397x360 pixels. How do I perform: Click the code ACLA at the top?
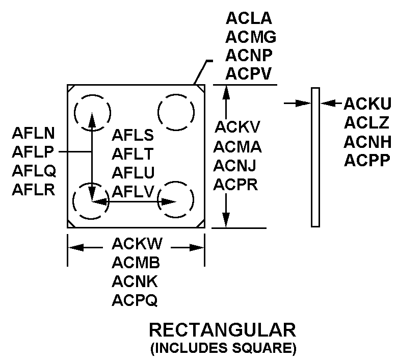tap(249, 19)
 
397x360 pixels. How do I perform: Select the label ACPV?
tap(249, 74)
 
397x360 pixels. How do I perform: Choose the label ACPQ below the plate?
tap(135, 301)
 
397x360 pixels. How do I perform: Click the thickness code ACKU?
tap(367, 104)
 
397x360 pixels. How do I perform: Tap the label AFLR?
tap(34, 189)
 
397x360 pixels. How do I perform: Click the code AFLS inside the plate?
tap(133, 136)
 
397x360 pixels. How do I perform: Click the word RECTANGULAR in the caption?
tap(222, 330)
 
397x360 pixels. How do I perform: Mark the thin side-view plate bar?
tap(315, 157)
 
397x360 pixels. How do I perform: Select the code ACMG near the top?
tap(251, 37)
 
